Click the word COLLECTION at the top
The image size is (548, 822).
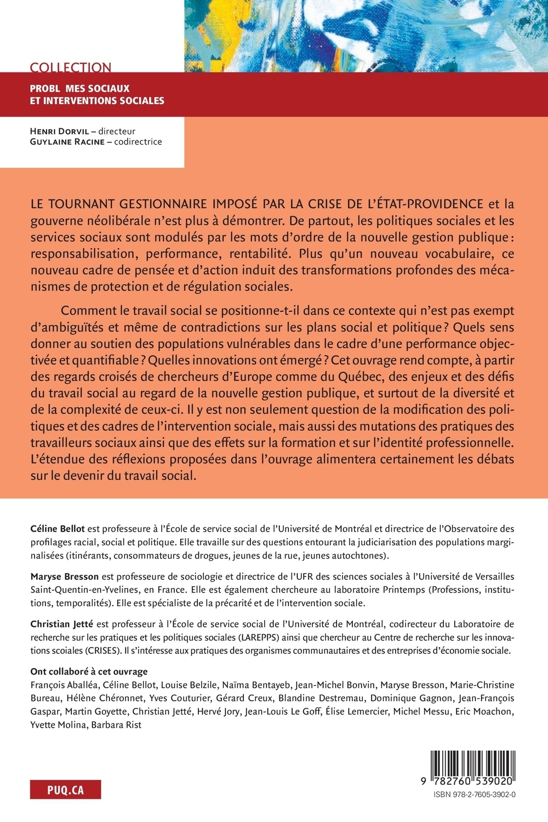click(x=71, y=67)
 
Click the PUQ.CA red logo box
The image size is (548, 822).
click(x=65, y=790)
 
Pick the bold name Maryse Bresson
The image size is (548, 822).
click(x=64, y=576)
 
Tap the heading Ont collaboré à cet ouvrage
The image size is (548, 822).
click(x=89, y=672)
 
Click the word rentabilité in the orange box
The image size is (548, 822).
click(x=253, y=254)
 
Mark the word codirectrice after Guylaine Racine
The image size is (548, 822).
click(x=138, y=142)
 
